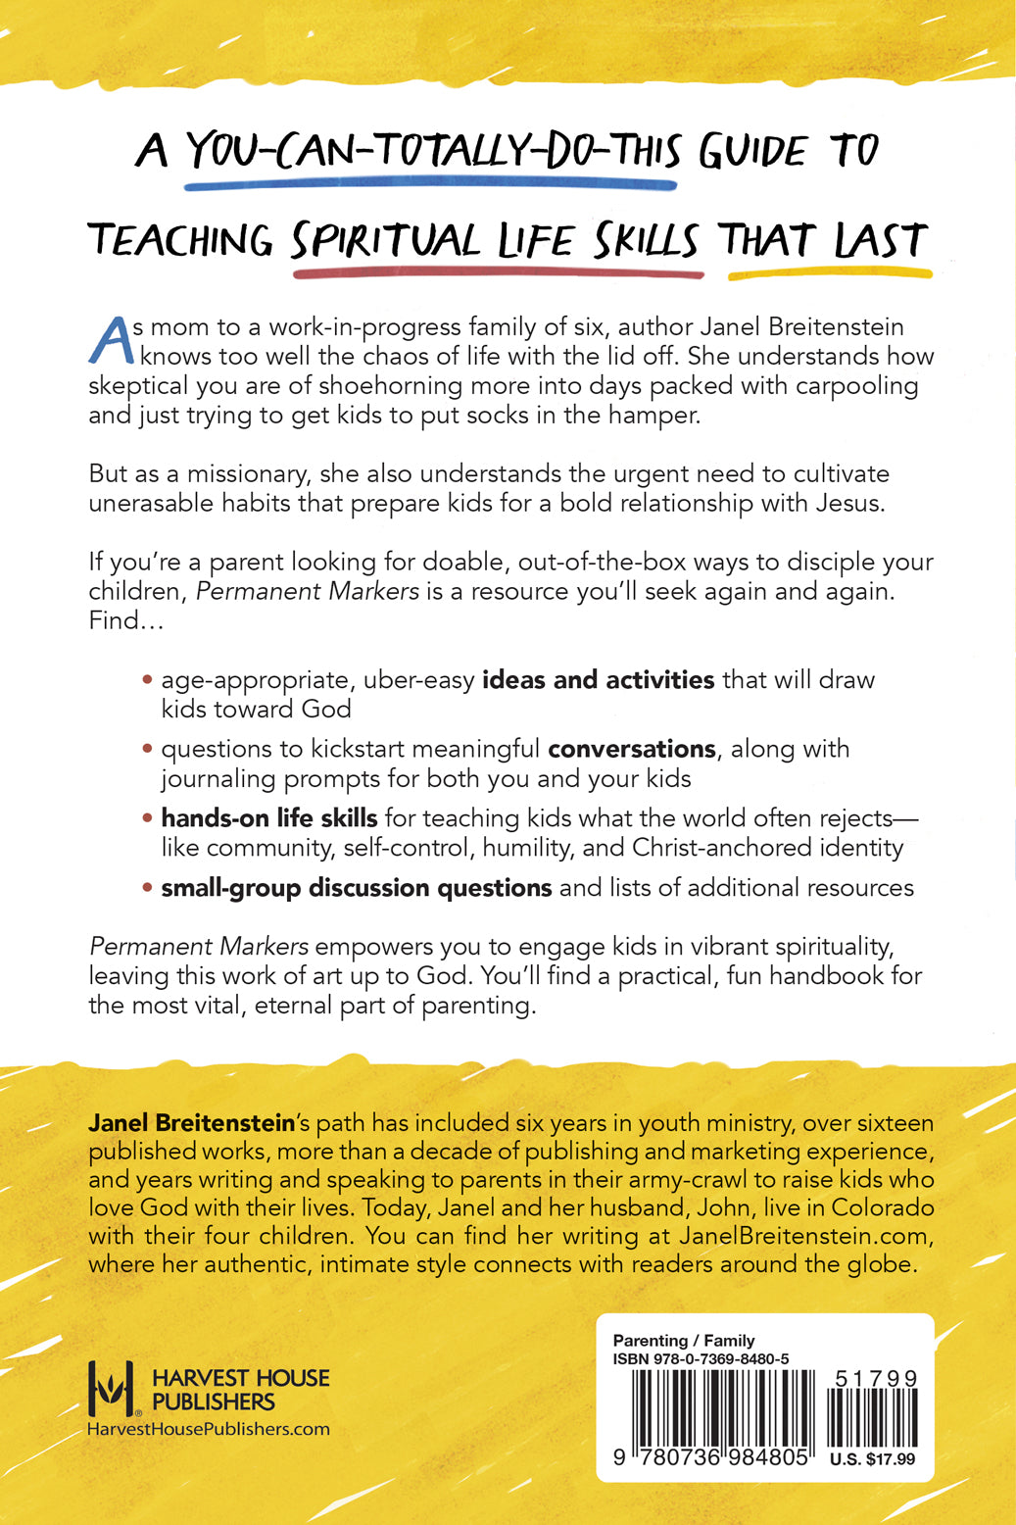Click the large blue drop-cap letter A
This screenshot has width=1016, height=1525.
click(x=110, y=340)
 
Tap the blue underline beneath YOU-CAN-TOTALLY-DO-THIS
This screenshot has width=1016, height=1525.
click(x=415, y=183)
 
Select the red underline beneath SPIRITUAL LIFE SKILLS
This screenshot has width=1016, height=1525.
click(x=497, y=272)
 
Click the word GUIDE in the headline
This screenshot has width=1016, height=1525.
click(x=752, y=152)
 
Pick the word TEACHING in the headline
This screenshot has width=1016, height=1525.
click(x=180, y=241)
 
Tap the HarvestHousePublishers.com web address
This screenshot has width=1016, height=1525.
click(x=209, y=1429)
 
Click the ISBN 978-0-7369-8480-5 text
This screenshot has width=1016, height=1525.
click(x=701, y=1359)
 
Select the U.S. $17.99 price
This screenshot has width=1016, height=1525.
click(x=872, y=1459)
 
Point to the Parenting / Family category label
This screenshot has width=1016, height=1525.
click(x=684, y=1340)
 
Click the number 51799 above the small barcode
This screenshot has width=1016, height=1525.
click(x=876, y=1379)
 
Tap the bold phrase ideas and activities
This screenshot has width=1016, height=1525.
click(x=598, y=679)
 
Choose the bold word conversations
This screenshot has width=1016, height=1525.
click(x=631, y=749)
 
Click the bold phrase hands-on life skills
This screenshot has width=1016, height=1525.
click(x=268, y=817)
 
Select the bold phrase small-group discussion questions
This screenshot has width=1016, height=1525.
click(x=356, y=887)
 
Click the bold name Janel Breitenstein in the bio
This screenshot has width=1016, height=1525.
click(x=191, y=1122)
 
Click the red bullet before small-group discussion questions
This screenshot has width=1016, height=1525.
click(x=147, y=888)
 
